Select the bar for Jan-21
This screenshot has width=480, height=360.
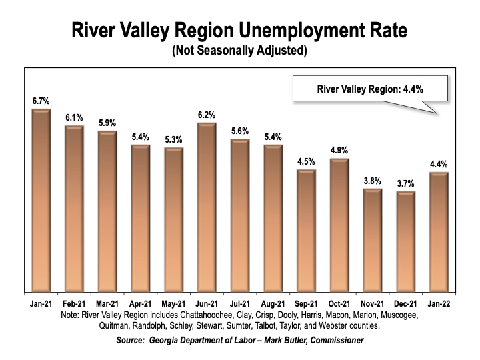(41, 200)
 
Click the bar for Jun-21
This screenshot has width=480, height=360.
(207, 207)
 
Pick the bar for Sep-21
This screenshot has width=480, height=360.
(306, 230)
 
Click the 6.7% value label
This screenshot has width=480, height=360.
(41, 100)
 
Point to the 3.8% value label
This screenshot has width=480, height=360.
(372, 180)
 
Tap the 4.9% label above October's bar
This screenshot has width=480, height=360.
(339, 149)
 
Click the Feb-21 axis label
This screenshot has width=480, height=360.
(74, 303)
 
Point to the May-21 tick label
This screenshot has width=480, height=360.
(173, 303)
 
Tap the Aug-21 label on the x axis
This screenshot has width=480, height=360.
(273, 303)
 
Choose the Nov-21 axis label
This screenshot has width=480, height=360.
(372, 303)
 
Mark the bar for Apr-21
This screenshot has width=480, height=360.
(141, 217)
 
